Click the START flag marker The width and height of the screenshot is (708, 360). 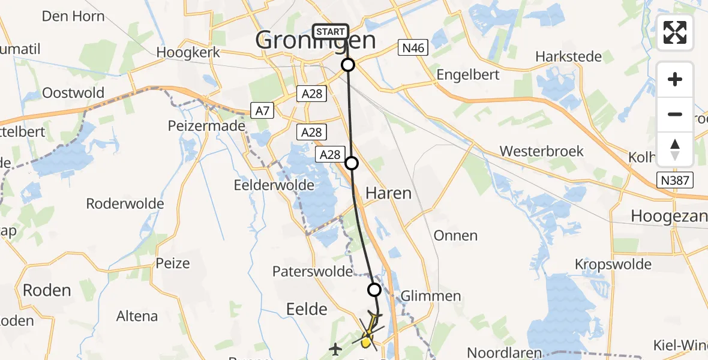330,32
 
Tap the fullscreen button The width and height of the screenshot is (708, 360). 675,32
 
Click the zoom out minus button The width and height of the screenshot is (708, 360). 675,114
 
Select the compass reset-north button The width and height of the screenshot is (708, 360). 675,149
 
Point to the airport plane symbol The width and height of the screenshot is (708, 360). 335,347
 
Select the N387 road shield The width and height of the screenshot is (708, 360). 675,180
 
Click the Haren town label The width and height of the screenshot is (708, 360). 388,193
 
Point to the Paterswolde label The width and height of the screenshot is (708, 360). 312,271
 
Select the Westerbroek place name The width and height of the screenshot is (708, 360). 541,151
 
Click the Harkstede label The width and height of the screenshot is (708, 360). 568,57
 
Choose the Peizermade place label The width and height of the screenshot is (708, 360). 206,126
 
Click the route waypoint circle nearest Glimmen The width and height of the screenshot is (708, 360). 374,290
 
